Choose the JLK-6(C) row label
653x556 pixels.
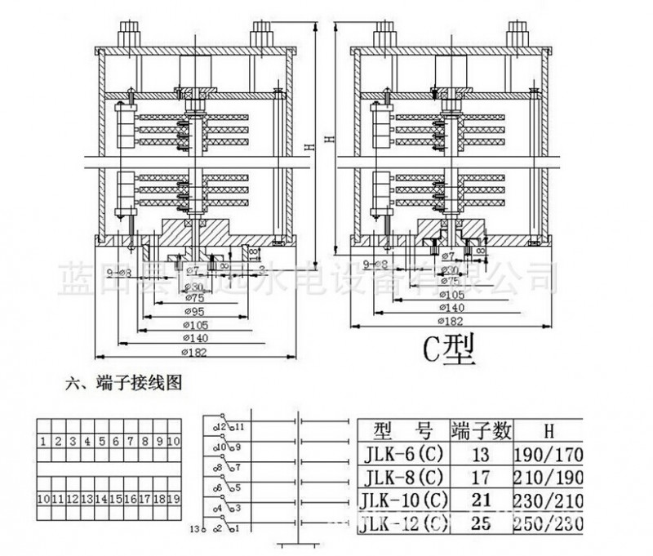click(x=405, y=453)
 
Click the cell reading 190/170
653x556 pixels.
click(x=549, y=453)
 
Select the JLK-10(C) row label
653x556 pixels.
click(x=405, y=499)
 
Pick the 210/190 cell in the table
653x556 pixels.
click(x=549, y=476)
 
